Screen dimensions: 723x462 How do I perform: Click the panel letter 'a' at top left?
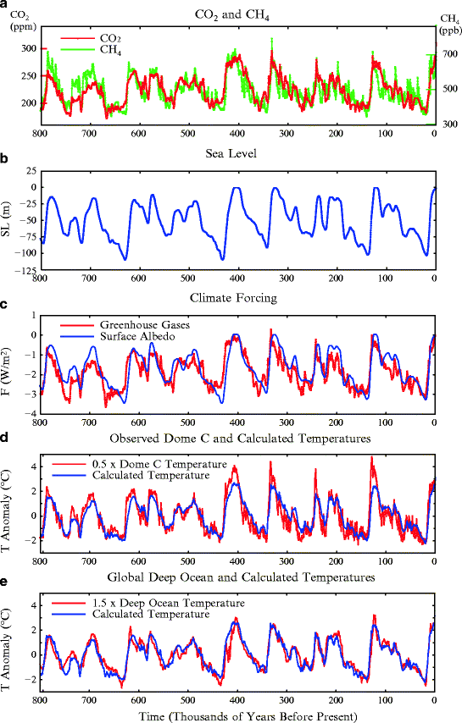click(x=5, y=5)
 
